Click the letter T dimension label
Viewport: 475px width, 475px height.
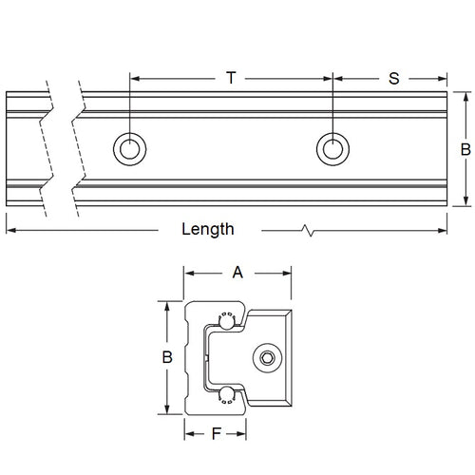point(230,78)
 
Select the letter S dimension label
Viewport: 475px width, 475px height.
point(393,78)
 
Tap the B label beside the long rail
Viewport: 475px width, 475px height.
point(465,148)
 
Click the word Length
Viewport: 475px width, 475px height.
point(208,229)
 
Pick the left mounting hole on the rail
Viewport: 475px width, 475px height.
point(127,147)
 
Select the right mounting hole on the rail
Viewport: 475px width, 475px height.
point(331,147)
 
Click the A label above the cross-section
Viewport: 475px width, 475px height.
point(237,273)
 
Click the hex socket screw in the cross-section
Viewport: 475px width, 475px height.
point(269,358)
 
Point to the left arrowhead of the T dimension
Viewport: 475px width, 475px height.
point(132,79)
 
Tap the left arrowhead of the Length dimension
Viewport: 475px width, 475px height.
point(10,229)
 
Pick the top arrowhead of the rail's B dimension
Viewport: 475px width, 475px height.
point(465,96)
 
